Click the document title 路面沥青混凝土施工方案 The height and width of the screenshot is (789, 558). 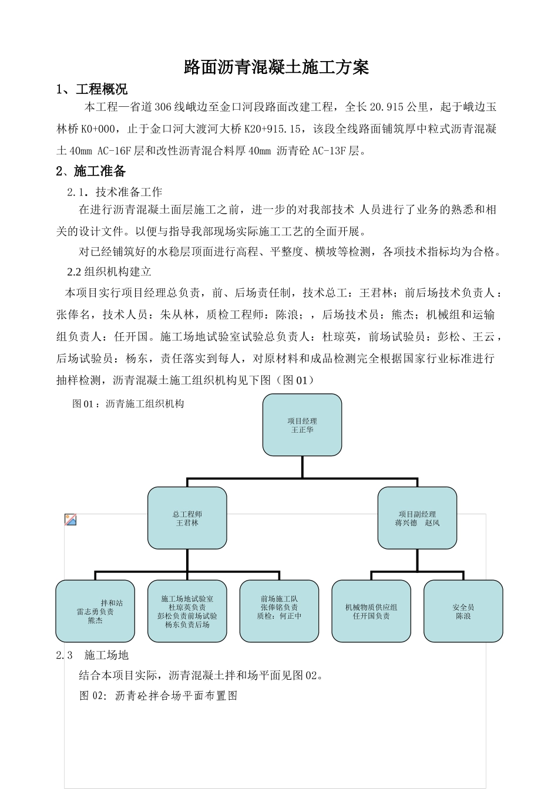tap(276, 68)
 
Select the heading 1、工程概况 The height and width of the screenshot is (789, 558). tap(92, 90)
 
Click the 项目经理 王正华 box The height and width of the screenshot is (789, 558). tap(302, 425)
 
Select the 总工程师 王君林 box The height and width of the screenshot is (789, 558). tap(187, 518)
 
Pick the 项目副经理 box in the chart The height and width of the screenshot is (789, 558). tap(417, 518)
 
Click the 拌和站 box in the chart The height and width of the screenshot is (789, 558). tap(95, 611)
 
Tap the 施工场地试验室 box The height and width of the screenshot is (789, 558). tap(187, 611)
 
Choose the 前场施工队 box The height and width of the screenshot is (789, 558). tap(279, 611)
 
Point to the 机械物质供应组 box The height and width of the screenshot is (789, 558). tap(371, 611)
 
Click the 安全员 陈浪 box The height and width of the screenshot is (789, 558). tap(463, 611)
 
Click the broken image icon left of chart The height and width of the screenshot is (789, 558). tap(70, 520)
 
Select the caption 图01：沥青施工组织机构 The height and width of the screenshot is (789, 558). tap(128, 404)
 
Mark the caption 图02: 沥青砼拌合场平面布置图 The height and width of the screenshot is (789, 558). tap(158, 696)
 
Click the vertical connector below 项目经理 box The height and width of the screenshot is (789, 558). tap(302, 467)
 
